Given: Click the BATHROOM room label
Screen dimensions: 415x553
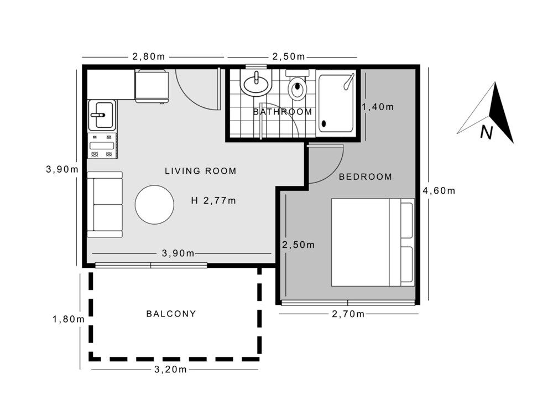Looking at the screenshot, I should (x=282, y=112).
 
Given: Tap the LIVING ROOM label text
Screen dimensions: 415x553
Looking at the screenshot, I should (x=200, y=171).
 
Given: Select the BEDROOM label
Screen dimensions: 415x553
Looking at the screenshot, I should (x=365, y=177).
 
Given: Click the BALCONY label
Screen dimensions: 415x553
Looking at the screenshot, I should (x=171, y=314).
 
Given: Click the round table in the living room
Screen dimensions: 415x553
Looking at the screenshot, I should (x=155, y=205).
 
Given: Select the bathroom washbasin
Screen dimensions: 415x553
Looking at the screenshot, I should (x=256, y=85).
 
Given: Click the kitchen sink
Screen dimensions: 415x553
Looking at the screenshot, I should (x=102, y=115).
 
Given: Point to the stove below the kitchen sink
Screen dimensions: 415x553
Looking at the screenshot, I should (x=102, y=146).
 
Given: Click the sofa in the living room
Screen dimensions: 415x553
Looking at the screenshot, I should (x=105, y=204).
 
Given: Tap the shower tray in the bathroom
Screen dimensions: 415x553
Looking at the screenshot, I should (x=336, y=103).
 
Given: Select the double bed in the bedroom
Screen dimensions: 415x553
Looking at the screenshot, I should (x=372, y=242).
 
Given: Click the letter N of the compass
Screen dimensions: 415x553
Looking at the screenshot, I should (x=486, y=132).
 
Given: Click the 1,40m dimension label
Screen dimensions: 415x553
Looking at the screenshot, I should (x=378, y=107).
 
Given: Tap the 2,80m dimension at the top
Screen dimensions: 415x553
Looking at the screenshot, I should (x=148, y=57).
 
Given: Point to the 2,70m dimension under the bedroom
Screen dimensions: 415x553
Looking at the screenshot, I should (x=348, y=314).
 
